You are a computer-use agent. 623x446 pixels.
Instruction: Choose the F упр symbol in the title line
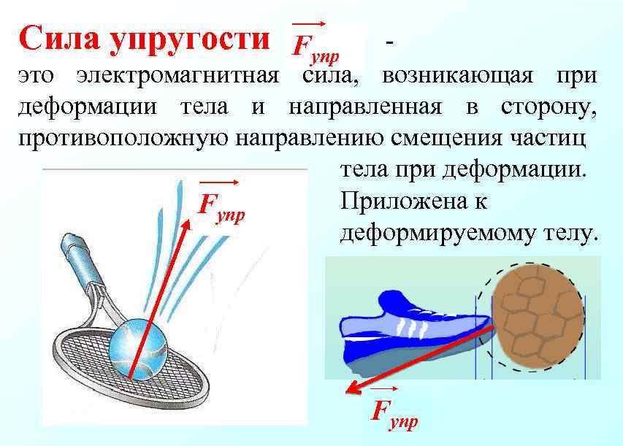(316, 45)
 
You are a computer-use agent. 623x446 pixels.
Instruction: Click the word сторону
(549, 107)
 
